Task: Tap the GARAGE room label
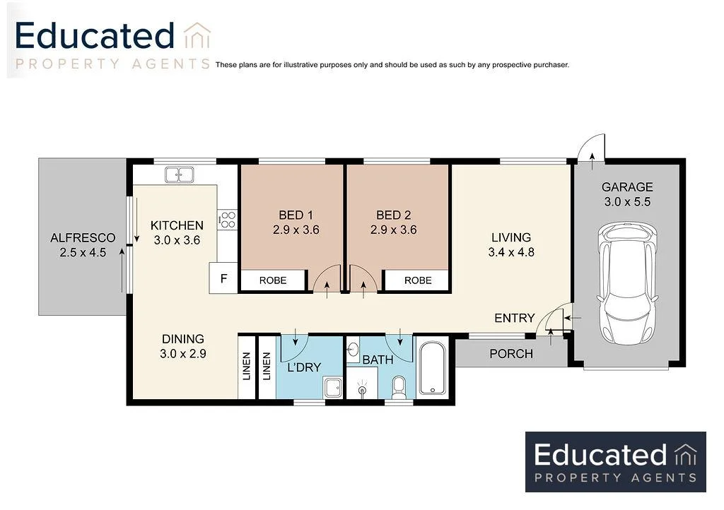coord(627,187)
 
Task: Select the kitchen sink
coord(180,174)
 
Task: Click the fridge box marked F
coord(223,278)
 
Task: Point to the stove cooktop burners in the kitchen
coord(227,220)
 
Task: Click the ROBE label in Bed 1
coord(273,280)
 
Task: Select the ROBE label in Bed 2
coord(417,280)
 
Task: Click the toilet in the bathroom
coord(399,386)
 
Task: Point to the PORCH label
coord(510,353)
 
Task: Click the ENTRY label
coord(514,319)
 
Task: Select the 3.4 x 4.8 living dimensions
coord(510,252)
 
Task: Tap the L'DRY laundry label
coord(304,367)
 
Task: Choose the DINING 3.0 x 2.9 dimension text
coord(182,354)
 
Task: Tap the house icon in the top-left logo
coord(197,37)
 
